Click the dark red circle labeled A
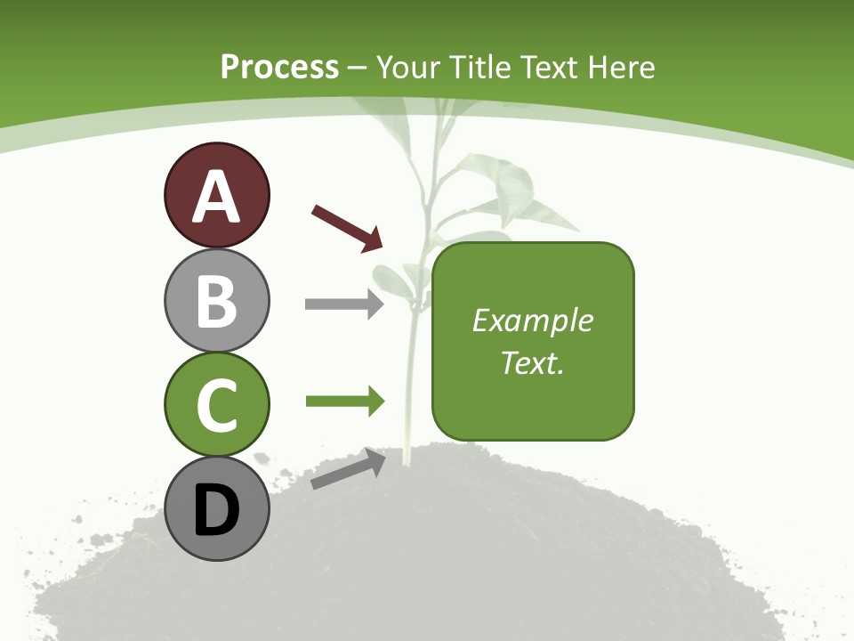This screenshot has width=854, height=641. [216, 195]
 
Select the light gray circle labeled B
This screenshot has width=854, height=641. [216, 300]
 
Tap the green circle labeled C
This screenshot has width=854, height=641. [216, 404]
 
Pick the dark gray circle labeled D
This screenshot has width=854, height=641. [216, 509]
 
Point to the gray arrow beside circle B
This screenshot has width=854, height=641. [343, 304]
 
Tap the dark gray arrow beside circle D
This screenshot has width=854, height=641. [348, 469]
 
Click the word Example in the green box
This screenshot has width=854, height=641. [533, 320]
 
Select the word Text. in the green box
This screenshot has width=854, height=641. [533, 362]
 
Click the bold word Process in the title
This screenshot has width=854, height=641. [279, 67]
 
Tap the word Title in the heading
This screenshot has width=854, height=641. [481, 67]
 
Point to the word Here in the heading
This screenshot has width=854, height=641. [621, 67]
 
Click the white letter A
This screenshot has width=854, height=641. [216, 197]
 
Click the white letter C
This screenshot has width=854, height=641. [216, 405]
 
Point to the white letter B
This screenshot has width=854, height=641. [216, 301]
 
